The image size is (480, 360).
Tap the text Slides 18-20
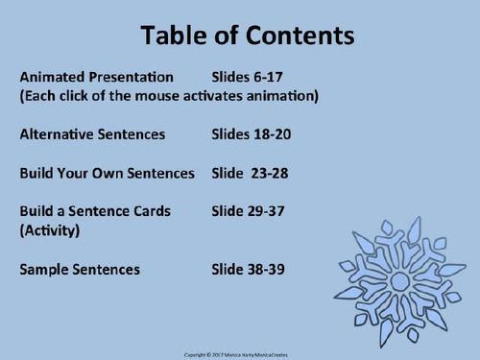pyautogui.click(x=252, y=135)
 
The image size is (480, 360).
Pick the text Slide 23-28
pyautogui.click(x=249, y=175)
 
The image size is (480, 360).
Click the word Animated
pyautogui.click(x=48, y=76)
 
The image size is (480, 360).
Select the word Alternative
pyautogui.click(x=56, y=135)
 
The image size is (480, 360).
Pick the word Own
pyautogui.click(x=106, y=175)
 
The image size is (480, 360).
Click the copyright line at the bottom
pyautogui.click(x=240, y=352)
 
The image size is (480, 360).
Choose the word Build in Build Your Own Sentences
pyautogui.click(x=36, y=175)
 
